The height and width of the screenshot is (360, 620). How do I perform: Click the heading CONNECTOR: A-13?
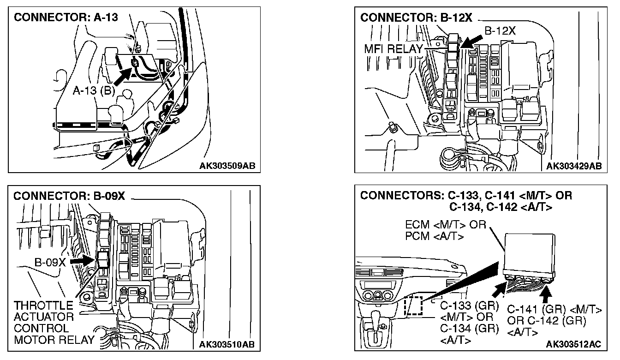(66, 18)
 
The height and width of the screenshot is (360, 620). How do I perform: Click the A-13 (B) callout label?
(94, 90)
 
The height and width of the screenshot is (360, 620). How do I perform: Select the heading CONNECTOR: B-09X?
(69, 196)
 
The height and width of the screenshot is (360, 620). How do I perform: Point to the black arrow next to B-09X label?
(84, 261)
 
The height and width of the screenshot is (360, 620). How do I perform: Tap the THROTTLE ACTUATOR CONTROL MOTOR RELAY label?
(54, 323)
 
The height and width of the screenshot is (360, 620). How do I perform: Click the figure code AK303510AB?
(227, 344)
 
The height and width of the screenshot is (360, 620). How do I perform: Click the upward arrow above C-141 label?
(547, 293)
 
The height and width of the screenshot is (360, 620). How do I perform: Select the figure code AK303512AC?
(573, 344)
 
